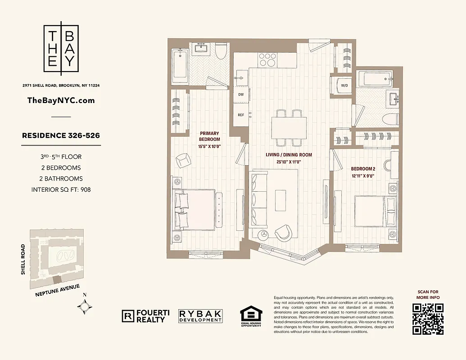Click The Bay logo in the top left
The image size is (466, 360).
click(61, 47)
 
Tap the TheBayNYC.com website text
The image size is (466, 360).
click(61, 100)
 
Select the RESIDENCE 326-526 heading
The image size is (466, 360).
click(61, 135)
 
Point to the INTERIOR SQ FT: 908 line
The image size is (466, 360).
click(61, 189)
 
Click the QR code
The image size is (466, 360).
click(428, 319)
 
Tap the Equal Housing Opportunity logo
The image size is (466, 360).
click(250, 316)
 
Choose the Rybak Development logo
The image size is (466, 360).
click(200, 316)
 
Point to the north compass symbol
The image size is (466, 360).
click(85, 306)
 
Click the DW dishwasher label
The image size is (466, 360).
click(241, 95)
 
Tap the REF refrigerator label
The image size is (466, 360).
click(241, 115)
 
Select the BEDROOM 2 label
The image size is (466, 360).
click(363, 172)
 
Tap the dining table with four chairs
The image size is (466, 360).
click(289, 128)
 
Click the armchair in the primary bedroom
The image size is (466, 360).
click(183, 161)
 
